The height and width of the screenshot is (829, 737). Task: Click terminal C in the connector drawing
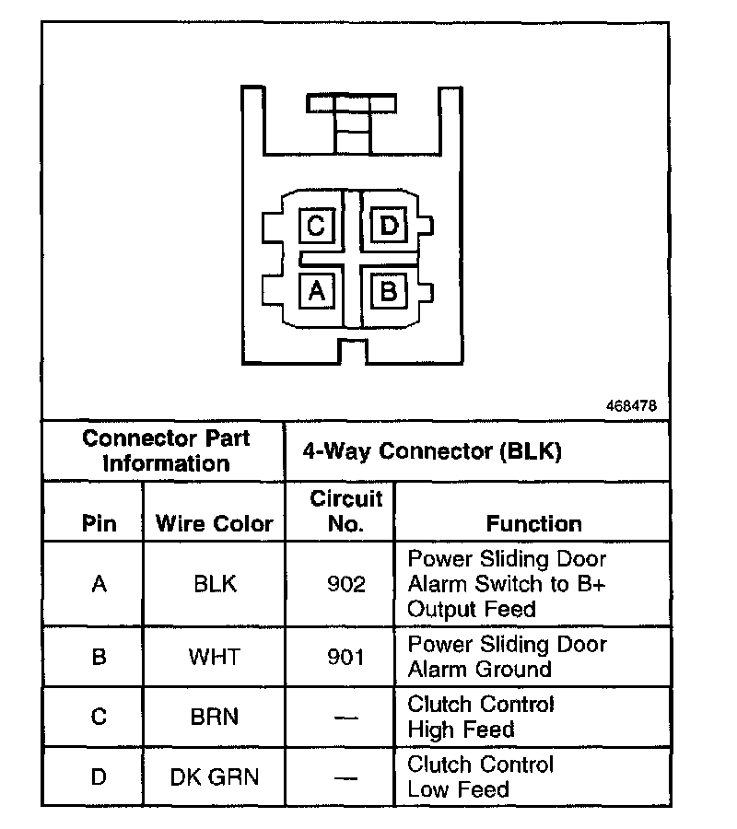pos(316,226)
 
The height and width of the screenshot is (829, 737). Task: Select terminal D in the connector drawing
pos(389,226)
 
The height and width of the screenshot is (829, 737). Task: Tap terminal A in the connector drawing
pos(316,291)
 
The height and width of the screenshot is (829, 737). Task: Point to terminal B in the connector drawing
pos(389,291)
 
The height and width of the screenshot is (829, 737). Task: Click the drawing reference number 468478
pos(632,405)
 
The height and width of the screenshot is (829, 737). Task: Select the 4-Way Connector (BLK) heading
pos(432,451)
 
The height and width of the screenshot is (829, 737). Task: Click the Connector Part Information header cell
pos(166,450)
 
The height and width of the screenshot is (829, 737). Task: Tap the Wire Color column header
pos(214,524)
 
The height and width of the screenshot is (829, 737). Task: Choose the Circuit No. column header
pos(345,511)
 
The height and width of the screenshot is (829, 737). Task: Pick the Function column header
pos(533,524)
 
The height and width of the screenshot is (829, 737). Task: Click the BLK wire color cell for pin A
pos(215,584)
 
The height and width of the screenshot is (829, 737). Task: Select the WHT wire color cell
pos(215,657)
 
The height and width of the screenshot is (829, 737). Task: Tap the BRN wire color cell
pos(215,717)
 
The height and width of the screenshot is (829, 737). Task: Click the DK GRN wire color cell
pos(215,776)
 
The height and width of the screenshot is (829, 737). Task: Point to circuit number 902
pos(345,584)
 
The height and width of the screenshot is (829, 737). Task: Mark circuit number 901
pos(345,657)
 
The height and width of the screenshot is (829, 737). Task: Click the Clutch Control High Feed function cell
pos(480,717)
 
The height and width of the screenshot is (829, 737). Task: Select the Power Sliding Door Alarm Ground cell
pos(507,657)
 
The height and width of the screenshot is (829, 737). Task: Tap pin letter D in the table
pos(99,776)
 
